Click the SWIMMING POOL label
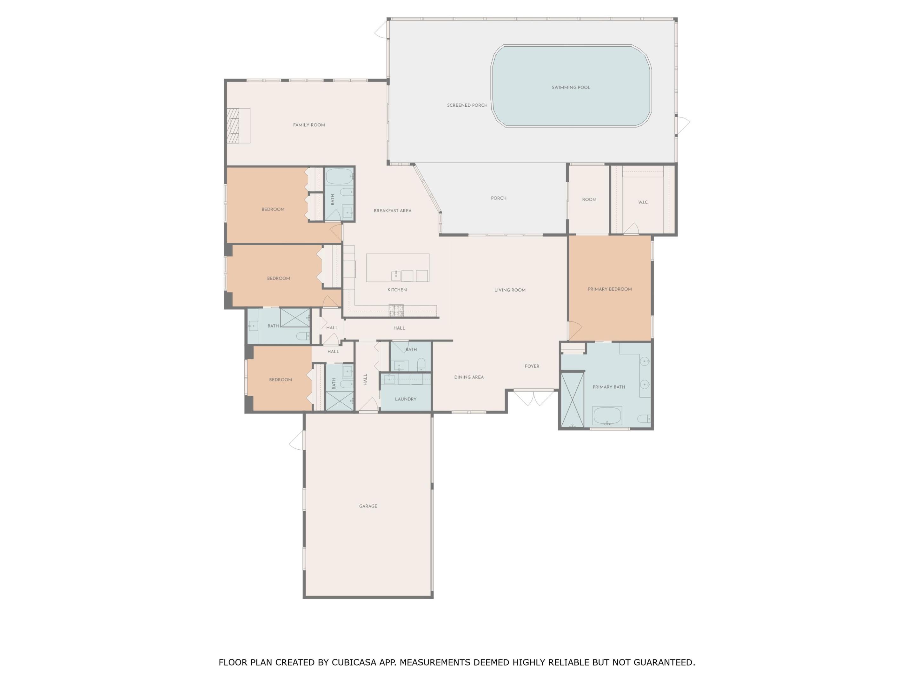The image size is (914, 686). tap(571, 88)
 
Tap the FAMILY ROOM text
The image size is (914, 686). tap(309, 125)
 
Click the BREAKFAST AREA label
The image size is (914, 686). tap(392, 211)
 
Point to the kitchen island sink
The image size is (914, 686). tap(396, 275)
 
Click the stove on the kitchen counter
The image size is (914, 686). tap(396, 310)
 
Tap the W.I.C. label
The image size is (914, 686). tap(643, 202)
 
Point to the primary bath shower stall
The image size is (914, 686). tap(572, 400)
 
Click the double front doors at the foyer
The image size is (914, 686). tap(533, 398)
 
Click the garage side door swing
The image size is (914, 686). tap(297, 441)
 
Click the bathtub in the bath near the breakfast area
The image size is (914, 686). tap(339, 177)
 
